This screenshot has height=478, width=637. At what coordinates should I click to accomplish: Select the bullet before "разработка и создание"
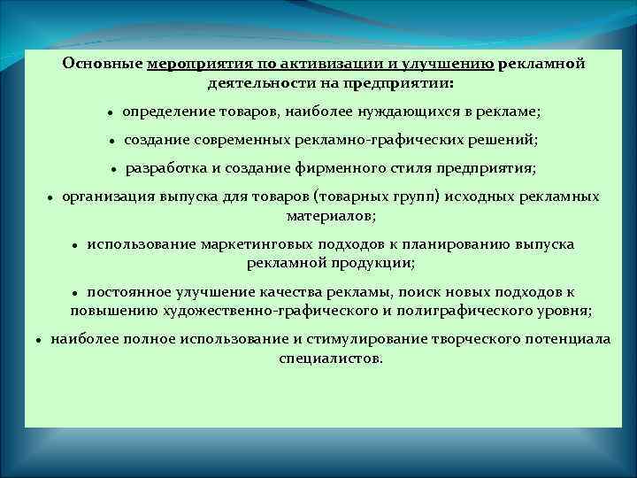114,169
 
